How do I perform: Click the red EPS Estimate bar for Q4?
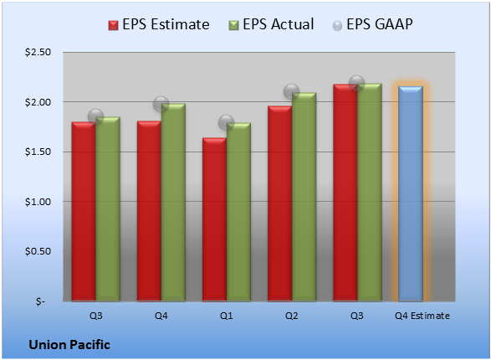(x=149, y=211)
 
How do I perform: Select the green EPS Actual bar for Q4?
(x=173, y=202)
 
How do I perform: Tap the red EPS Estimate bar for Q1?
(x=214, y=219)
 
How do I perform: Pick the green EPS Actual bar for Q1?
(x=238, y=212)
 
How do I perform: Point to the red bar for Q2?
(x=279, y=203)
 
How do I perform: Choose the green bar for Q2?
(x=304, y=197)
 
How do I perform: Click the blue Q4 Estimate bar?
(x=411, y=193)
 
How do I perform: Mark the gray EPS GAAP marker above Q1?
(x=226, y=122)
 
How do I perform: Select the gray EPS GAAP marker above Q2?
(x=292, y=92)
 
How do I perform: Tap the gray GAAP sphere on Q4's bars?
(x=161, y=104)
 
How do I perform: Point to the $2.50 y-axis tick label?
(x=38, y=52)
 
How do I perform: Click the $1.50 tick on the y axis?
(x=38, y=152)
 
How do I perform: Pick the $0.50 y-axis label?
(x=38, y=251)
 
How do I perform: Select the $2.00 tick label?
(x=38, y=102)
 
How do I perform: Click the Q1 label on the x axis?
(x=227, y=316)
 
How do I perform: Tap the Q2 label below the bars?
(x=292, y=316)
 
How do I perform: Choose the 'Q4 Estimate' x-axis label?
(x=422, y=316)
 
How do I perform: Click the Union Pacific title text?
(x=69, y=345)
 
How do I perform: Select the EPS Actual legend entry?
(x=271, y=24)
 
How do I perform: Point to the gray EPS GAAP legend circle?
(x=337, y=26)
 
